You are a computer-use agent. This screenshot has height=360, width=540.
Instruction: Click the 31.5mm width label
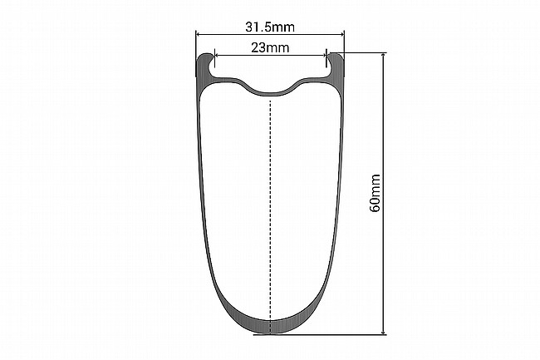[270, 27]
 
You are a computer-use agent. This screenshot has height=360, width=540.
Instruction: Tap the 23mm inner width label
[270, 47]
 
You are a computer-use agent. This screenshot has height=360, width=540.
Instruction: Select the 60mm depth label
[375, 193]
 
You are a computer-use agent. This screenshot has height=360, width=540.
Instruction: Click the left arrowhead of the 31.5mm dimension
[199, 34]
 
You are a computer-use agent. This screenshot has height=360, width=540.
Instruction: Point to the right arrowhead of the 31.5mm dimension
[341, 34]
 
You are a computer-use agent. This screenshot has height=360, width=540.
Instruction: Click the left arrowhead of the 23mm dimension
[217, 54]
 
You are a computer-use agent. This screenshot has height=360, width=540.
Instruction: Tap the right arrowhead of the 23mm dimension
[323, 54]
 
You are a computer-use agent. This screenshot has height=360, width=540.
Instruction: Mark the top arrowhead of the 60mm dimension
[384, 56]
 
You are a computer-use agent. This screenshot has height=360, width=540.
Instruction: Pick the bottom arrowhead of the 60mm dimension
[384, 331]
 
